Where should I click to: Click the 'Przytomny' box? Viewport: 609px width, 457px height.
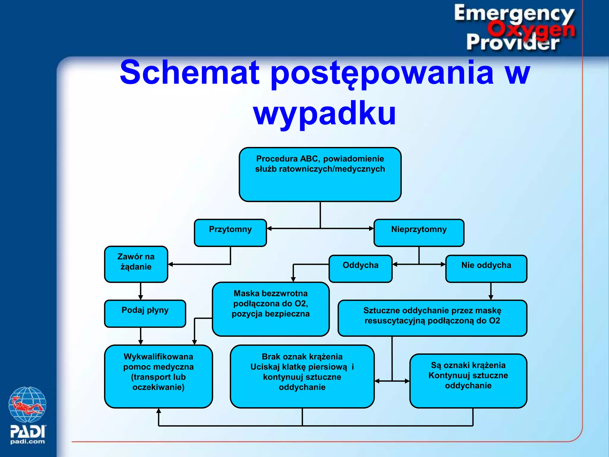(230, 233)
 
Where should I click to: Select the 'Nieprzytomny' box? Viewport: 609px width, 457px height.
(419, 233)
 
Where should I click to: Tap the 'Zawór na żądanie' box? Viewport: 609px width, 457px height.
(136, 264)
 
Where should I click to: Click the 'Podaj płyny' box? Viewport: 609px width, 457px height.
(145, 313)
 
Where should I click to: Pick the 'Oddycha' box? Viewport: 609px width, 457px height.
(360, 268)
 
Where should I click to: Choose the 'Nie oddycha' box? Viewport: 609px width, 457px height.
(486, 268)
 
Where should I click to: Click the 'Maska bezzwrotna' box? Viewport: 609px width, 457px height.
(271, 309)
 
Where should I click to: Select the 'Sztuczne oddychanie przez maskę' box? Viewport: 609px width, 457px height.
(432, 318)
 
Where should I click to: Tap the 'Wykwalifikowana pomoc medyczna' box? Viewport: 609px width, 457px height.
(158, 376)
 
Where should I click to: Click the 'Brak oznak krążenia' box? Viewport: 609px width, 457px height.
(302, 376)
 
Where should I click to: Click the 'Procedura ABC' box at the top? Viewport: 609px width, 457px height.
(320, 174)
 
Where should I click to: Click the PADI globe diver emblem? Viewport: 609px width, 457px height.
(27, 404)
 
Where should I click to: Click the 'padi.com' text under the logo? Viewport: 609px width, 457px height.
(27, 442)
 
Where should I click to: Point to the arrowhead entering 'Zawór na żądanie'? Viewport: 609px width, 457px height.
(170, 264)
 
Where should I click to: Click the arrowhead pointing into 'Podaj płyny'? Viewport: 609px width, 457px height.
(141, 298)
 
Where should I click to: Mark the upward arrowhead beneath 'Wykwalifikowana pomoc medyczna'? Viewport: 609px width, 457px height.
(158, 411)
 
